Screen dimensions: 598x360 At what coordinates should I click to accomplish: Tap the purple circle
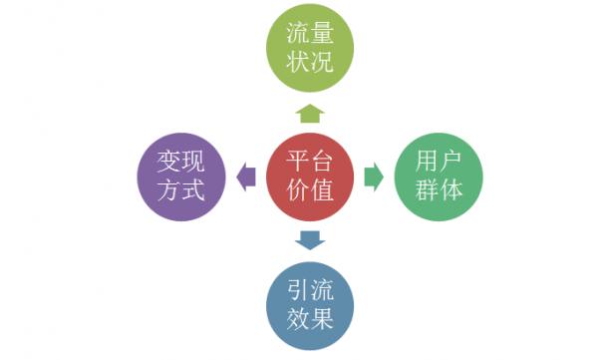(181, 177)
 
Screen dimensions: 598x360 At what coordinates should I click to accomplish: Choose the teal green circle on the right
(438, 177)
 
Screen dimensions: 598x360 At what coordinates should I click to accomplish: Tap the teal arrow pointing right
(374, 178)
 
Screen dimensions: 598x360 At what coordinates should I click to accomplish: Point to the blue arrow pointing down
(310, 239)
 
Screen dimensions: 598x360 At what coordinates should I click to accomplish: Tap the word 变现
(181, 161)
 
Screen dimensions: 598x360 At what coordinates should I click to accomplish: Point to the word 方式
(181, 191)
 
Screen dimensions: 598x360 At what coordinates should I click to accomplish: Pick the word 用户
(439, 161)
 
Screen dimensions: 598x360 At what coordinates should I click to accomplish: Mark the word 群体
(439, 191)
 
